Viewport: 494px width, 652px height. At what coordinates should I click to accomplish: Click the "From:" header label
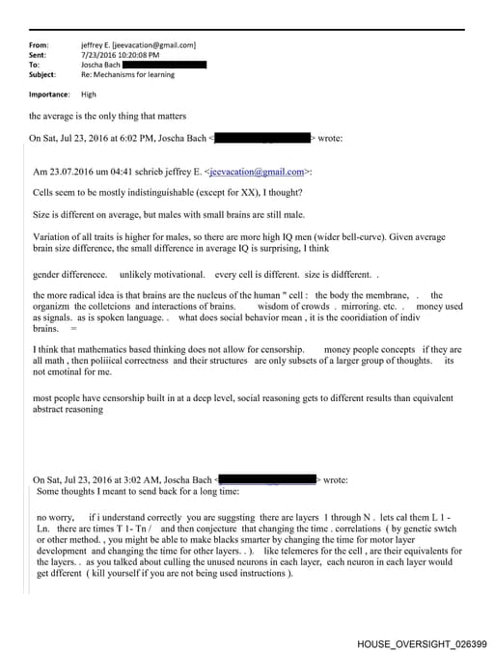(x=40, y=45)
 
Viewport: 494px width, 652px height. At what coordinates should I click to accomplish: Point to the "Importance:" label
(x=49, y=95)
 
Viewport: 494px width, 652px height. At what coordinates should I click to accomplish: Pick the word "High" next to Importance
(x=89, y=95)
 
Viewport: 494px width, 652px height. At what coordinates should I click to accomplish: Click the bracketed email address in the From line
(x=154, y=45)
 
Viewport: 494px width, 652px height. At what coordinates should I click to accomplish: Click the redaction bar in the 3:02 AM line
(x=269, y=479)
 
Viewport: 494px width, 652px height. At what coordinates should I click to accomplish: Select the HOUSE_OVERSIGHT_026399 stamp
(x=422, y=642)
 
